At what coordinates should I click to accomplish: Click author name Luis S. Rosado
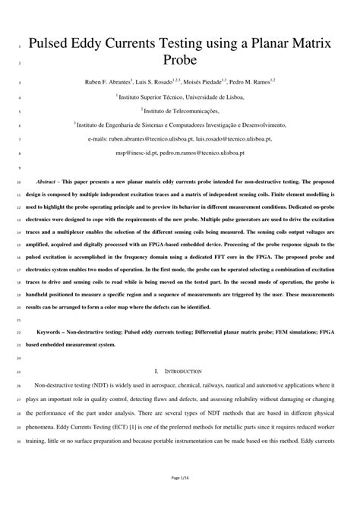click(x=160, y=81)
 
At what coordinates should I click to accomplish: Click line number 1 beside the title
click(x=18, y=46)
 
